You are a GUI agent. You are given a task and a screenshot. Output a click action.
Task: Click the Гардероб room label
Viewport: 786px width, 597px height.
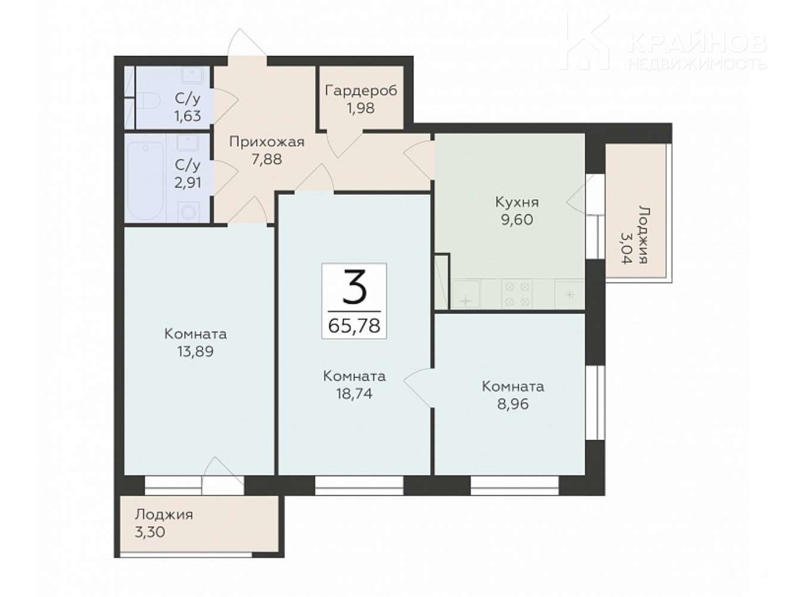click(x=361, y=91)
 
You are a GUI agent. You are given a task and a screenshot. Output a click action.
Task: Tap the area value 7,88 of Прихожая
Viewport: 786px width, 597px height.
click(x=267, y=159)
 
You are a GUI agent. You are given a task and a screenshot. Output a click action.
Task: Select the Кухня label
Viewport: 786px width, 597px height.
click(x=517, y=203)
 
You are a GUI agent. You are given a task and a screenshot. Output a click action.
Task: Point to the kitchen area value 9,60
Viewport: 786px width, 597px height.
click(x=517, y=219)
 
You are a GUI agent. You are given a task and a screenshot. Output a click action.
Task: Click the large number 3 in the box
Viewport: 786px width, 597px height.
click(x=354, y=287)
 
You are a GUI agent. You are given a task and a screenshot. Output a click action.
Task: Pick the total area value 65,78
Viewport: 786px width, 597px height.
click(x=354, y=326)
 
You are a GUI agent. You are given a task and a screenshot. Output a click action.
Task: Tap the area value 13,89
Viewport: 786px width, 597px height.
click(x=195, y=352)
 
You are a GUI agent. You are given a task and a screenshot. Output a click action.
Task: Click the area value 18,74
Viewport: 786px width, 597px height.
click(x=354, y=394)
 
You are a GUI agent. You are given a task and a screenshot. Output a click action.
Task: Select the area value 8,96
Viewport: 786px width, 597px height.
click(x=513, y=404)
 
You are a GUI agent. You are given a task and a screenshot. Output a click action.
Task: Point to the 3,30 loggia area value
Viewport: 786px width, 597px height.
click(x=149, y=532)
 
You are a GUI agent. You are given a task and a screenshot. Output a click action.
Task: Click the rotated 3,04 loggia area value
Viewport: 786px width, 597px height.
click(x=626, y=248)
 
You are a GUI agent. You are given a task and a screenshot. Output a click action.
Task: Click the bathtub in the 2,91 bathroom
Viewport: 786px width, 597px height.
click(x=146, y=180)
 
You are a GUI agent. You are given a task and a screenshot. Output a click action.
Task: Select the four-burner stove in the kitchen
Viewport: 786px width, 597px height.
click(x=517, y=294)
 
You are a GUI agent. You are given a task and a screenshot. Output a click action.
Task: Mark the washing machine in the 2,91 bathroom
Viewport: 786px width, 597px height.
click(x=188, y=212)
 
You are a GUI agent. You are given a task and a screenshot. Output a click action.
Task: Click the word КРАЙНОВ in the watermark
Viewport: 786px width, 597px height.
click(x=697, y=43)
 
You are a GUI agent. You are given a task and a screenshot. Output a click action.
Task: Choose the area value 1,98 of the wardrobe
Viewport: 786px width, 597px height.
click(x=361, y=108)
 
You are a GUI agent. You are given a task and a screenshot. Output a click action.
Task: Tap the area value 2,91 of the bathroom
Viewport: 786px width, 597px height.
click(x=188, y=182)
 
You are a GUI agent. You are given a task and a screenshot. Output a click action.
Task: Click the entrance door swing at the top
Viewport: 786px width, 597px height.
click(x=247, y=43)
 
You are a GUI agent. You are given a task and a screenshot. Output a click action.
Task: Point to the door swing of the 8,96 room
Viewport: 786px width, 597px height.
click(x=418, y=387)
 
